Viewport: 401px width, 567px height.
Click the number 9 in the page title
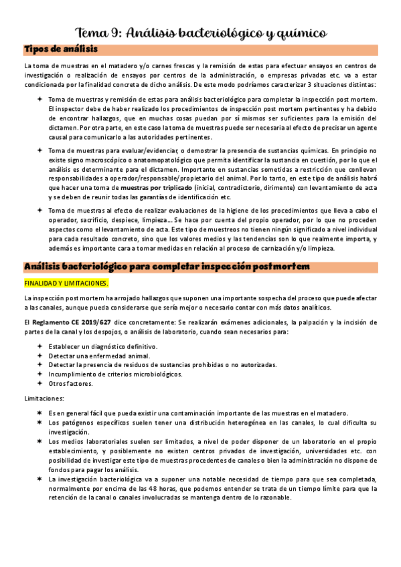(x=118, y=33)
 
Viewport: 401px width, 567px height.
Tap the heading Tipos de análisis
(x=60, y=49)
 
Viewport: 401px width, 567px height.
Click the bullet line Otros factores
(x=70, y=384)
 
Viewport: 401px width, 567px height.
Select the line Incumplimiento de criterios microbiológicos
(x=115, y=374)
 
